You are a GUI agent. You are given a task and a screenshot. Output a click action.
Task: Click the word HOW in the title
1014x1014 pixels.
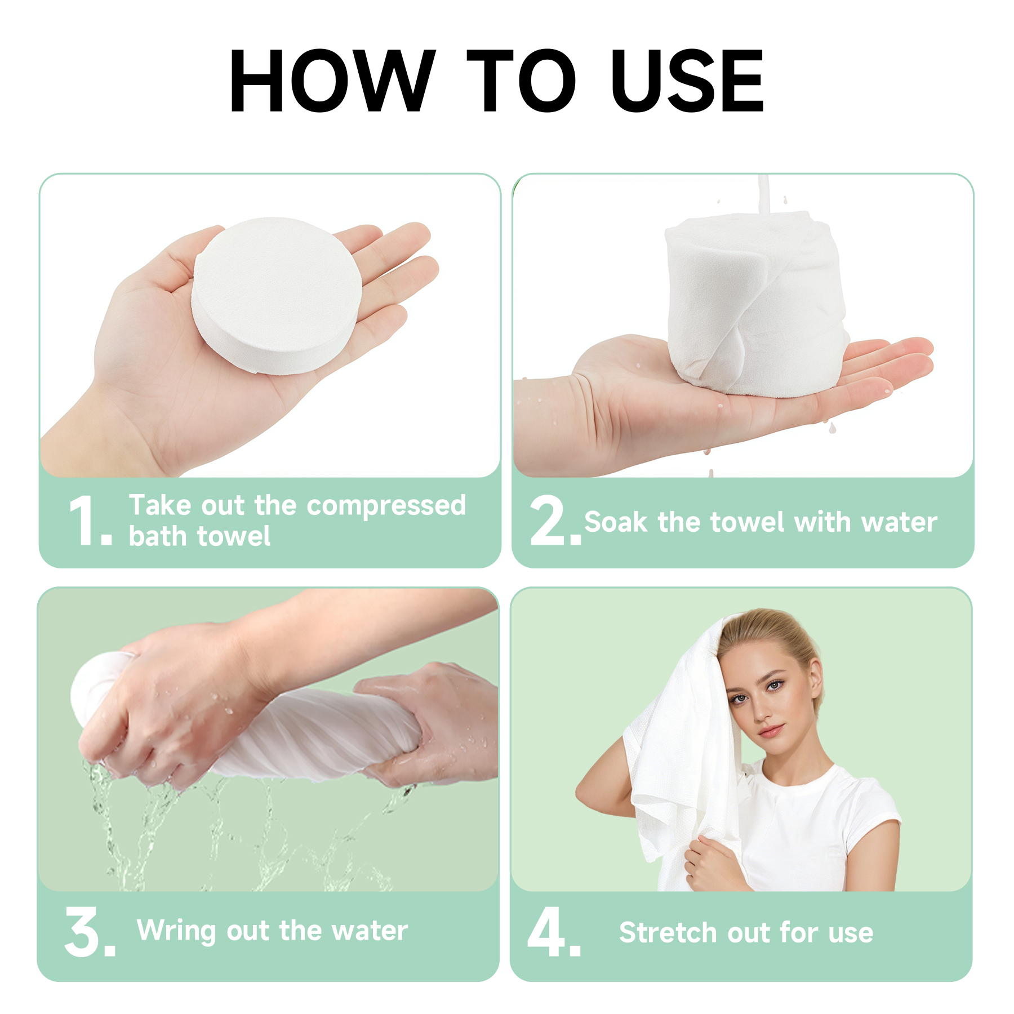(x=332, y=81)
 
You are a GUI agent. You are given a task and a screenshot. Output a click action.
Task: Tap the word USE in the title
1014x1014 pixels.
(x=687, y=81)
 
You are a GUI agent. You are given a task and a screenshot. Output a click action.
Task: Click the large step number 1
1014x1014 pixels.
(x=83, y=521)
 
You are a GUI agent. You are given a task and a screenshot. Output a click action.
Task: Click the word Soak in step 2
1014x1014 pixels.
(x=616, y=522)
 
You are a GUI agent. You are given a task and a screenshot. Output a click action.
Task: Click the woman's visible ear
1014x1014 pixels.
(x=813, y=682)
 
